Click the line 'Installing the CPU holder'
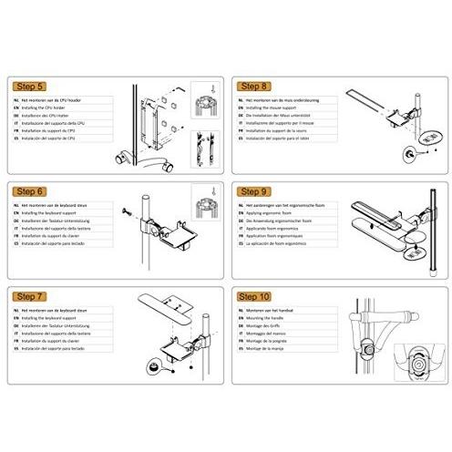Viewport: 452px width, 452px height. (50, 108)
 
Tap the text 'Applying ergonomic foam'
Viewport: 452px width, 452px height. (273, 212)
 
